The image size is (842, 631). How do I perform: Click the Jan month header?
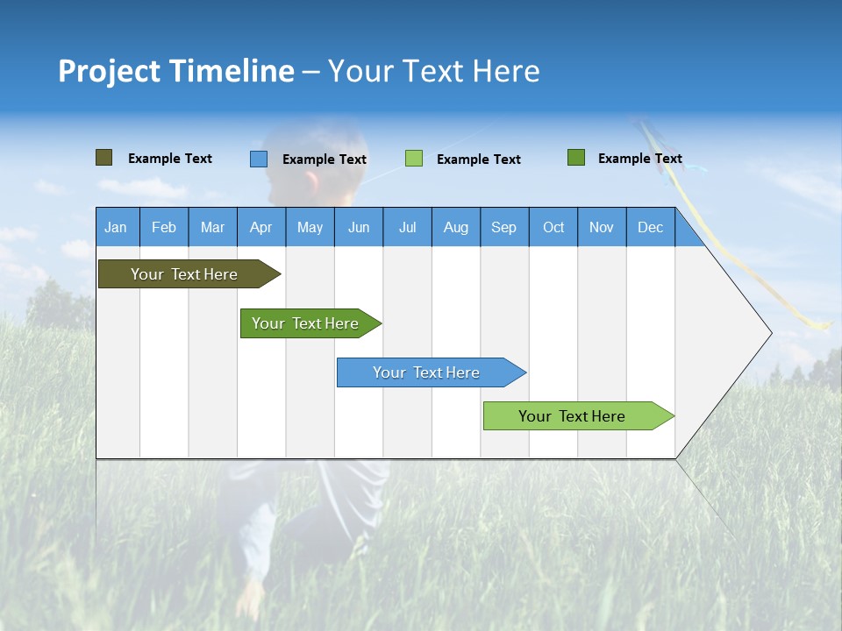(x=117, y=227)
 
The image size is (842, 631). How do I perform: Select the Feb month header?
(x=164, y=227)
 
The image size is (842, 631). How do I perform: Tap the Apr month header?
(x=261, y=227)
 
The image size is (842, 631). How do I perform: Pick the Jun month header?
(x=359, y=227)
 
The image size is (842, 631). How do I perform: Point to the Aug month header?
(x=456, y=227)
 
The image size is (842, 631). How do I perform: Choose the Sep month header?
(x=504, y=227)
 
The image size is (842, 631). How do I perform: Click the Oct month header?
(x=553, y=227)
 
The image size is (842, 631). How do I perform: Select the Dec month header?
(x=651, y=227)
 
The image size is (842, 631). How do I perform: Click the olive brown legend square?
(x=103, y=158)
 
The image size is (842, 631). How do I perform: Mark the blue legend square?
(x=258, y=159)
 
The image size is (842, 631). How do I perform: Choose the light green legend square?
(x=414, y=159)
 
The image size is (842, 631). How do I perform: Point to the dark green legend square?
(x=575, y=158)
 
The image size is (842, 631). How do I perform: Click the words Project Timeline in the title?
(x=175, y=71)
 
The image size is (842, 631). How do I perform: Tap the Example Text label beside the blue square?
(x=325, y=160)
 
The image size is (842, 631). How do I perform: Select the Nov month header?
(x=602, y=227)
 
